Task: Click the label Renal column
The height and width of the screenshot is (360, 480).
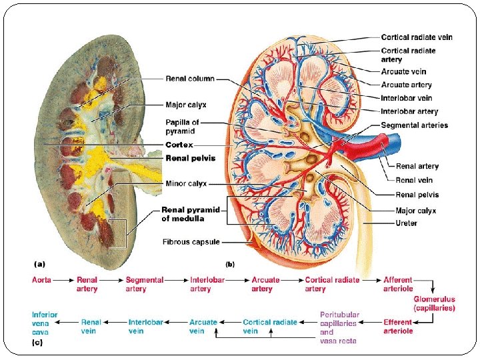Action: pos(190,79)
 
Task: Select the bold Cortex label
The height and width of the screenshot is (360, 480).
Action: pos(179,145)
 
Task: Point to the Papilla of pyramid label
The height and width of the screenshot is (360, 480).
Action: pos(182,127)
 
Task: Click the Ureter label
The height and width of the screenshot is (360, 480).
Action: pos(406,223)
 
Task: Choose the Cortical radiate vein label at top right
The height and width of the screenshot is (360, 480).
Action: pos(416,37)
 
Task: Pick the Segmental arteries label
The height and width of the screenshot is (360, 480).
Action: pos(414,125)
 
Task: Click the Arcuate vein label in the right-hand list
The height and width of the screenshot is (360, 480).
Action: pos(403,71)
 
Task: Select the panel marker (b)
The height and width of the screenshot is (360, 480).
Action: pos(231,264)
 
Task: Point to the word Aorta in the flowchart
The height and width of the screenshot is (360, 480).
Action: pos(41,280)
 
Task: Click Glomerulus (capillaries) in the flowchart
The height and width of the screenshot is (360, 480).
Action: pos(434,304)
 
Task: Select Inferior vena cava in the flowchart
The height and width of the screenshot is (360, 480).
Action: pos(45,323)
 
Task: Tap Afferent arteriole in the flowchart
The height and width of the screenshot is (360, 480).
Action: pos(398,284)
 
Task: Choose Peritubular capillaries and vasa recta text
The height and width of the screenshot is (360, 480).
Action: pos(339,327)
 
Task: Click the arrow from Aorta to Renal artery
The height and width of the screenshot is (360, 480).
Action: pos(63,281)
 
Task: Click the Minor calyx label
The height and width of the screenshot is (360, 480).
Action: pos(185,183)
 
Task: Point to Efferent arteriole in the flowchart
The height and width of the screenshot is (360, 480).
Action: pos(398,327)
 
